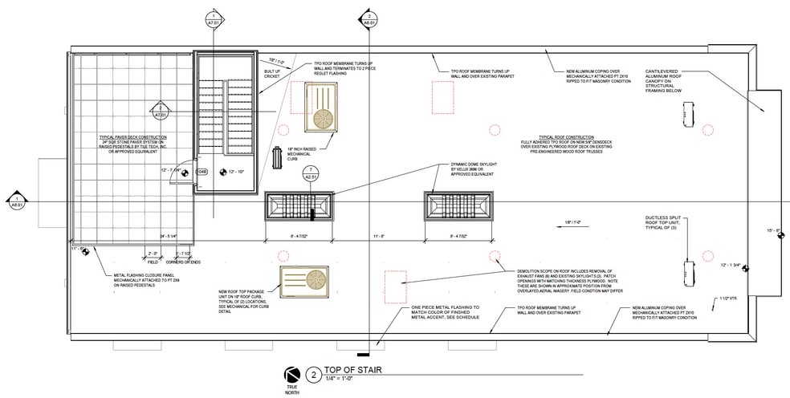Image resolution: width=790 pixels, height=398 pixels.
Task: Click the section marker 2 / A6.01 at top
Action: point(369,18)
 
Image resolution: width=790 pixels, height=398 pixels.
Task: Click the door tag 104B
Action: point(202,172)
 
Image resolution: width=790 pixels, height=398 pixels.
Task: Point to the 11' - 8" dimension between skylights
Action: point(380,236)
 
